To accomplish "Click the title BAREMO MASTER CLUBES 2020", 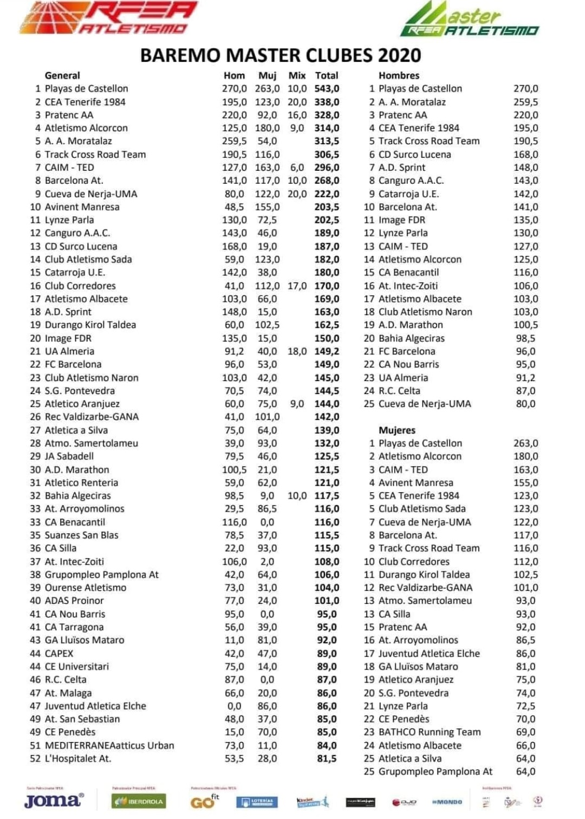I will click(x=281, y=55).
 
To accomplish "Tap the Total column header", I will click(x=327, y=75).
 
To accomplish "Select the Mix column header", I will click(x=297, y=75).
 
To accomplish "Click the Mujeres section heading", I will click(x=397, y=430).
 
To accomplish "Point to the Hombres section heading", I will click(x=399, y=75).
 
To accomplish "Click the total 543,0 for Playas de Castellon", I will click(x=327, y=88).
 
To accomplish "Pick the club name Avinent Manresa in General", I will click(x=82, y=207).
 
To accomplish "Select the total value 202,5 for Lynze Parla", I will click(x=327, y=220).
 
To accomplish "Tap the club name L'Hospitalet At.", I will click(x=78, y=758).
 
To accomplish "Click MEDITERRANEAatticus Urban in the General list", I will click(x=109, y=745).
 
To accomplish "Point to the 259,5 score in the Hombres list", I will click(x=525, y=102).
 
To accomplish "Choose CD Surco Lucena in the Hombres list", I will click(x=414, y=154).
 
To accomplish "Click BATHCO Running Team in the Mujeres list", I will click(x=430, y=732).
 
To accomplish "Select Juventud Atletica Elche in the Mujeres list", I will click(x=429, y=653).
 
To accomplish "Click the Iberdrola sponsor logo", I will click(x=139, y=801).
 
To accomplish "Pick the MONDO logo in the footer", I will click(x=447, y=802).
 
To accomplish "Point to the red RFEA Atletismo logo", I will click(x=108, y=18).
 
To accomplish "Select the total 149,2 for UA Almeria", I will click(x=327, y=351).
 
